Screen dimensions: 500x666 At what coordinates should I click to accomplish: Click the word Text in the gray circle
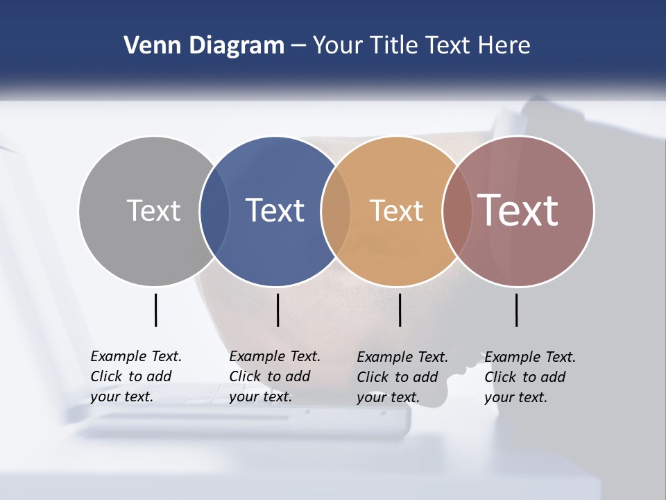coord(153,210)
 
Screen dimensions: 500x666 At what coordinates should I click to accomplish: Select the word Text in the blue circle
coord(275,210)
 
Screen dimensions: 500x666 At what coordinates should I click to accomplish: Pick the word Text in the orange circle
coord(396,210)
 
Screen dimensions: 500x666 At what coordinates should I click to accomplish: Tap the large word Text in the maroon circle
coord(518,210)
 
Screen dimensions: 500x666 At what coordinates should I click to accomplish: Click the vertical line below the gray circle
coord(155,310)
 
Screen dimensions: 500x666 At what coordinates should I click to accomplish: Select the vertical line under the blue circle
coord(277,310)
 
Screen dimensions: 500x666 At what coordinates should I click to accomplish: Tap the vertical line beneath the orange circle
coord(400,310)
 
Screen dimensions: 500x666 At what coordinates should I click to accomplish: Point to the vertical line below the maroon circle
coord(516,310)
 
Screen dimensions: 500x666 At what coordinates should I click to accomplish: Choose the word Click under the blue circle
coord(245,376)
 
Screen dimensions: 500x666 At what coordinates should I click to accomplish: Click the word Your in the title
coord(338,45)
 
